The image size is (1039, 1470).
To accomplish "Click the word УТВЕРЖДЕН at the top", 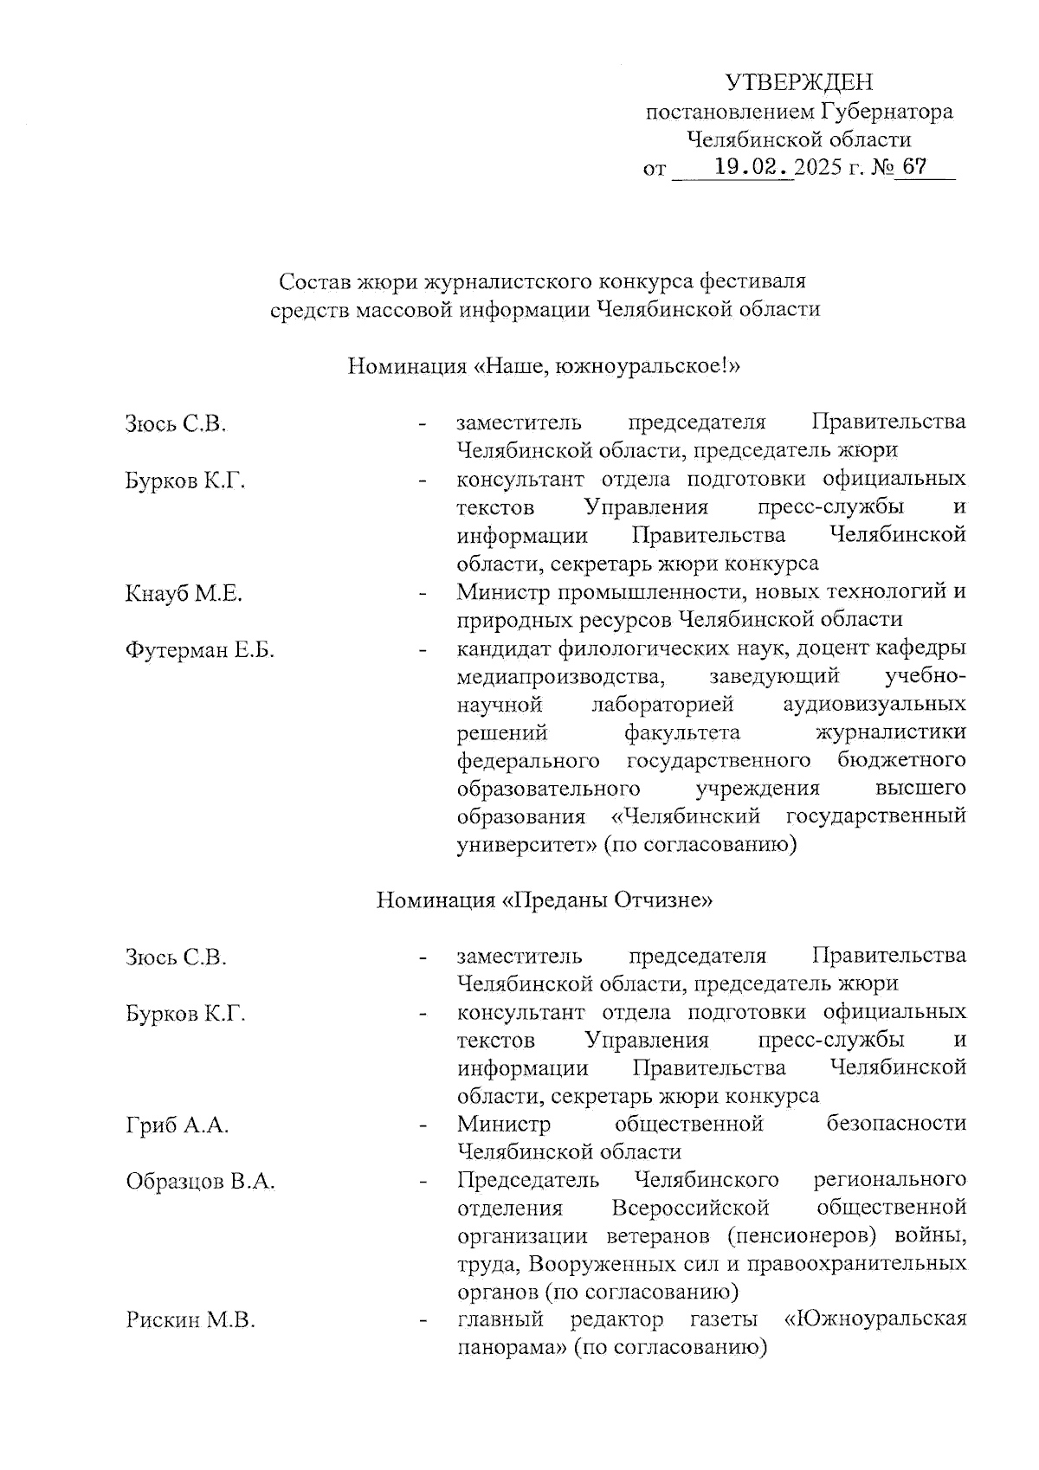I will point(798,83).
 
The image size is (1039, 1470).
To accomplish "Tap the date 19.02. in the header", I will point(750,166).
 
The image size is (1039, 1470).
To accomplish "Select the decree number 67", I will point(913,165).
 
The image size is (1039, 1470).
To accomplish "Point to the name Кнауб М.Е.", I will point(184,594).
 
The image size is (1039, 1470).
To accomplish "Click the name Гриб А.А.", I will point(177,1125).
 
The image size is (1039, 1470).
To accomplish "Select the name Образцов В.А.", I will point(200,1182).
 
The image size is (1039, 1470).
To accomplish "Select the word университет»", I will point(526,844).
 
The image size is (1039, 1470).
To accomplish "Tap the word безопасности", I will point(896,1125).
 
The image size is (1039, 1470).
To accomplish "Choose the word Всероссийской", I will point(690,1208).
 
